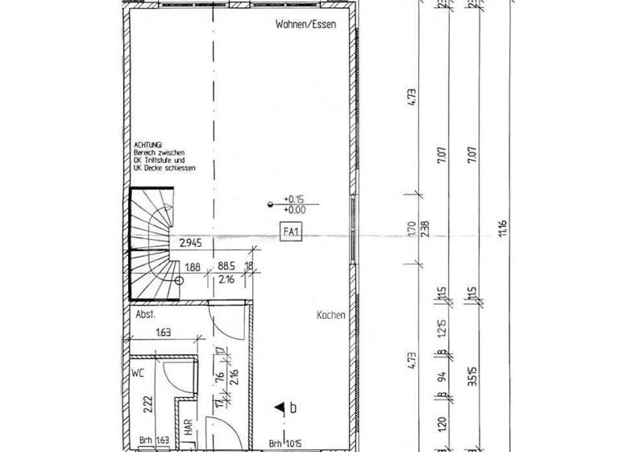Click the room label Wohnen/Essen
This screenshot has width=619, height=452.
pos(304,25)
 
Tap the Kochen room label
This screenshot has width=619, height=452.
pos(330,316)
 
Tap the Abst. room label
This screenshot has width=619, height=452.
pos(145,316)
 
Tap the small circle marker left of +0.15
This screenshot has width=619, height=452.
pos(270,205)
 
